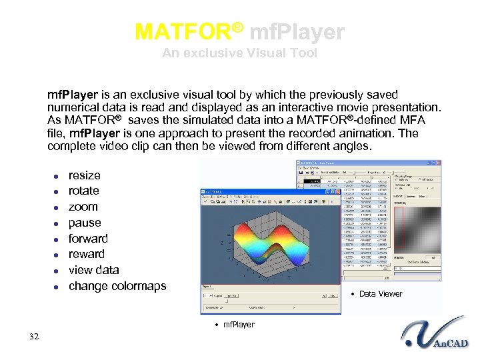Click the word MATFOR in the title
181,31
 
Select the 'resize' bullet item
85,175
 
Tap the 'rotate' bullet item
84,191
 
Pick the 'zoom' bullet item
83,207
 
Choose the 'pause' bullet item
85,223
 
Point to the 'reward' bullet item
87,254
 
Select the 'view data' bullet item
94,270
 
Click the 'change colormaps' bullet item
117,286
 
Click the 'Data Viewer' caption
380,294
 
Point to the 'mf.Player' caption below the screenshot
238,325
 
